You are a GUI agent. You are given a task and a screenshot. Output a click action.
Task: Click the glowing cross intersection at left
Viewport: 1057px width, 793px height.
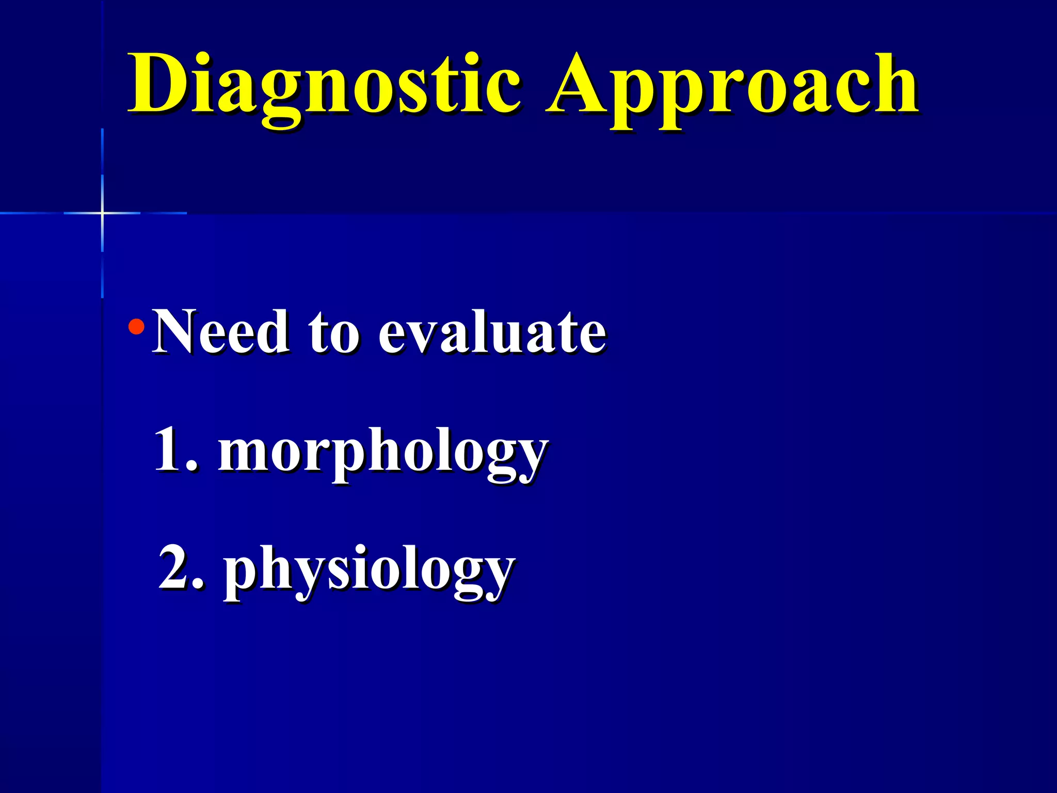coord(102,213)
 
